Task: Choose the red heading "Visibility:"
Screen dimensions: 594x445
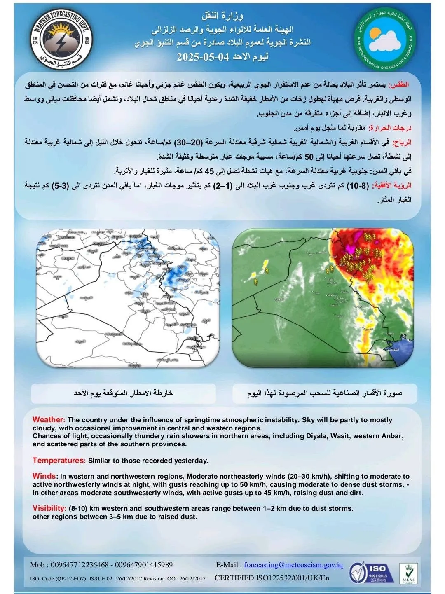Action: [x=49, y=508]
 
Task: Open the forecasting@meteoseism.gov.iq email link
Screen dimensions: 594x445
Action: [x=293, y=565]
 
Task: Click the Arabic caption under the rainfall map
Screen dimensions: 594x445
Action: [x=123, y=393]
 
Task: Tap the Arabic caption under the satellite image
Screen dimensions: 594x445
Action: [x=325, y=393]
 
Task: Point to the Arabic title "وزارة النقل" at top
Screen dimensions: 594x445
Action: [x=222, y=16]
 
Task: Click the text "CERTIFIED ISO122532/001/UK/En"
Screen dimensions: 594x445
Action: [x=272, y=578]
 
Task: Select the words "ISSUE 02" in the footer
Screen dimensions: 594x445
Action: [x=101, y=579]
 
